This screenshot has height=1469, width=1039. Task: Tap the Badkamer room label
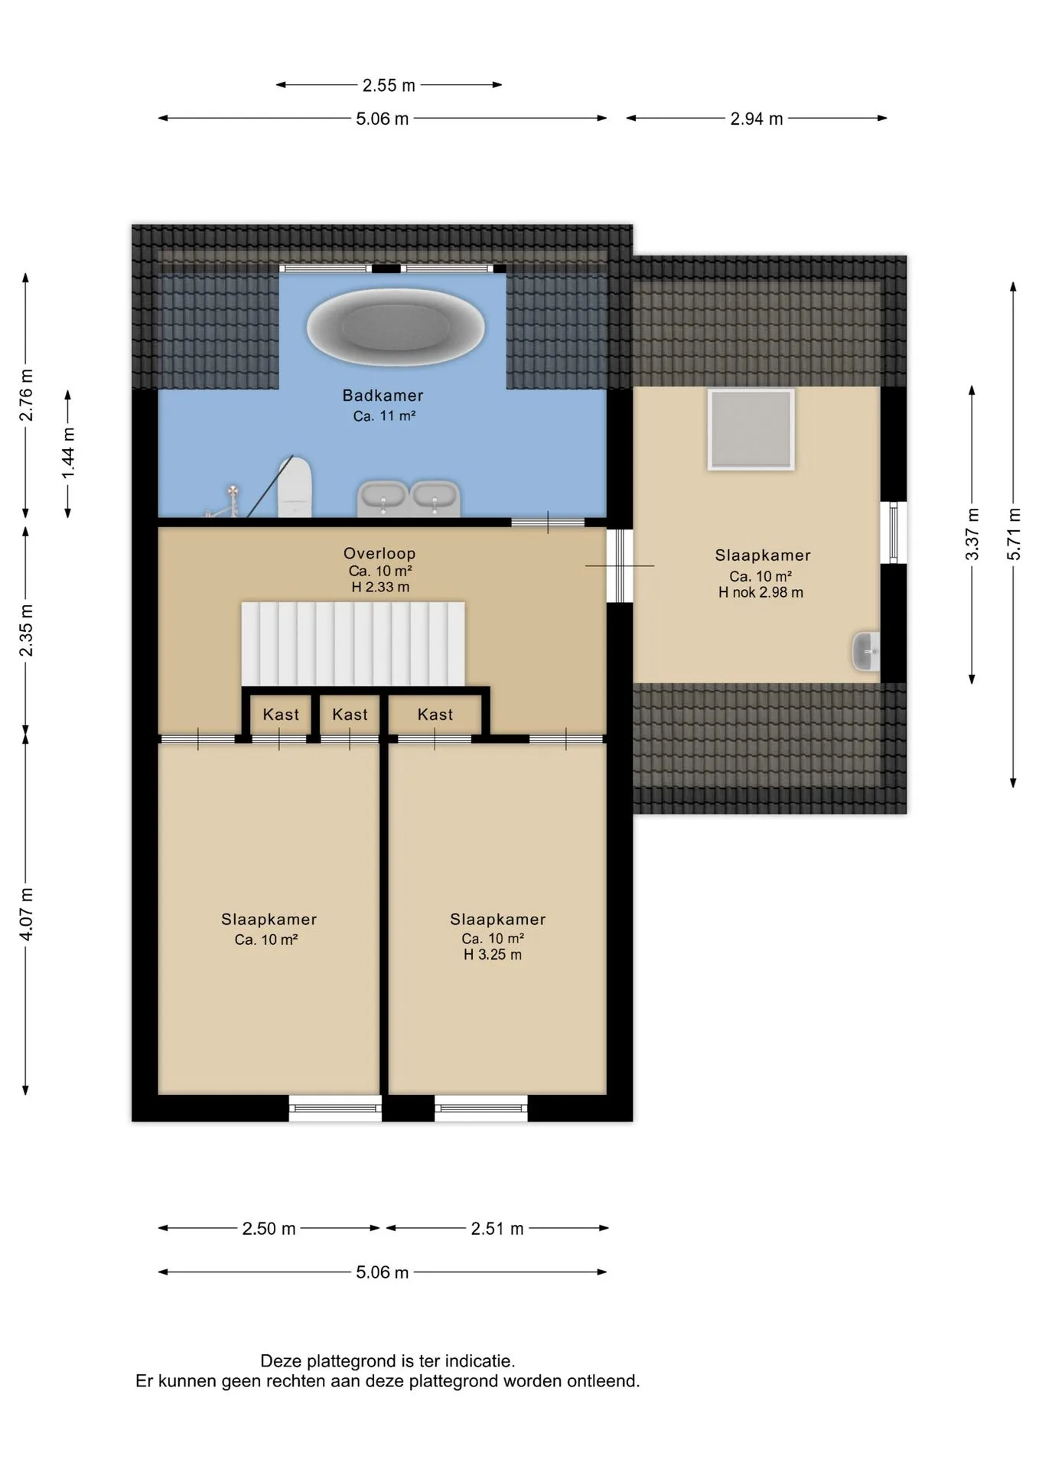click(383, 396)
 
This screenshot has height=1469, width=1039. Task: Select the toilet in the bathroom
click(295, 487)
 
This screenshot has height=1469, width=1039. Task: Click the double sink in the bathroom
click(409, 499)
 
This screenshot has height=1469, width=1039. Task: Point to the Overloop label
click(379, 553)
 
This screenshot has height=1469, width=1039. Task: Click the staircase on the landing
click(353, 644)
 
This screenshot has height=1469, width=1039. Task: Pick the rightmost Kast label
click(435, 715)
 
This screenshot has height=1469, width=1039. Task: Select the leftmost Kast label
click(281, 715)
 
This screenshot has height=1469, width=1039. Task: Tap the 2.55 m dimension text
click(389, 85)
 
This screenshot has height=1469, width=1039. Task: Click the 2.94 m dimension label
click(757, 119)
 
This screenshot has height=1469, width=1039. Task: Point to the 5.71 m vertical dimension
click(1014, 534)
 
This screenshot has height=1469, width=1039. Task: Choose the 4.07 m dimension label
click(26, 915)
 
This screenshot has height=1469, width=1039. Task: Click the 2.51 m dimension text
click(497, 1229)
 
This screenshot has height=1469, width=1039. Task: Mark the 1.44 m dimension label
click(69, 454)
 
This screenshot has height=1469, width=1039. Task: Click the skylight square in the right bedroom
click(751, 428)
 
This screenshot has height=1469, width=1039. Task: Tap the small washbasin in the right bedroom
click(866, 651)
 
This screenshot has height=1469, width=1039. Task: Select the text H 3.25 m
click(493, 955)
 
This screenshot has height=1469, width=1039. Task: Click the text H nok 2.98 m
click(761, 592)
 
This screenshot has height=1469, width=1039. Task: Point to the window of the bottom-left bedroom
click(335, 1108)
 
